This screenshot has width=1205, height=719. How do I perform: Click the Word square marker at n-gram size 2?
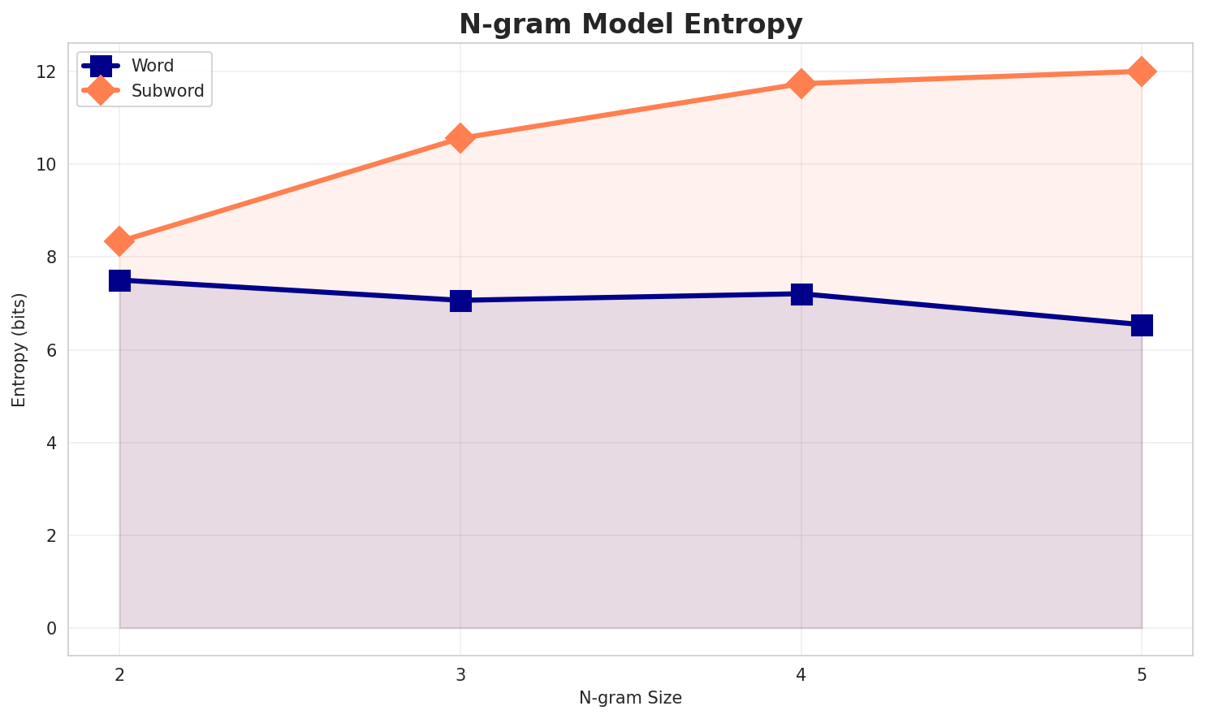(119, 280)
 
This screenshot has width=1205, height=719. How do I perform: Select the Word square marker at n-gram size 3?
(460, 301)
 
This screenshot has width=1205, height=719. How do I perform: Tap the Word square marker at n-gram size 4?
(801, 294)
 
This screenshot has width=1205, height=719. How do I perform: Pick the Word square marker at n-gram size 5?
(1142, 325)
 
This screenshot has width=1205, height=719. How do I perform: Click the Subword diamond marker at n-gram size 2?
(119, 241)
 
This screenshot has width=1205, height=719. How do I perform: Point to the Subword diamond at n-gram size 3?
(460, 138)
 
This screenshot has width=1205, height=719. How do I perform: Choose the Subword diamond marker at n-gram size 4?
(801, 84)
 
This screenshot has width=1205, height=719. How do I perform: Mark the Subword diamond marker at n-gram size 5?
(1142, 71)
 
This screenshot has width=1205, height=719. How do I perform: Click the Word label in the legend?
(153, 66)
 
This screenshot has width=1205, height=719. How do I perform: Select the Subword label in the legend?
(168, 91)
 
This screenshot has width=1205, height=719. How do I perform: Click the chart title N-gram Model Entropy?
(631, 24)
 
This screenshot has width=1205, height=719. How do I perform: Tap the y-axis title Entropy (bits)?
(19, 349)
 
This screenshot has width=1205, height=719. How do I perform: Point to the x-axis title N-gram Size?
(630, 698)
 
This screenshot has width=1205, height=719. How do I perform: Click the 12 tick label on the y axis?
(47, 71)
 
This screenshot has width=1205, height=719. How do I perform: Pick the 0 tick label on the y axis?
(52, 629)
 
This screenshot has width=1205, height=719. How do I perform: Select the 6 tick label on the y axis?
(52, 350)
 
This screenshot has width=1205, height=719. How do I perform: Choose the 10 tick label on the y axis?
(47, 164)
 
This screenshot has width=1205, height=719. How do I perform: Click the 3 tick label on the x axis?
(460, 674)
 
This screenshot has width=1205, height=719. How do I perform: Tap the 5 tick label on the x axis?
(1142, 674)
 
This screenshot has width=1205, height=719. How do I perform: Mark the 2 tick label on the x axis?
(119, 674)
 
